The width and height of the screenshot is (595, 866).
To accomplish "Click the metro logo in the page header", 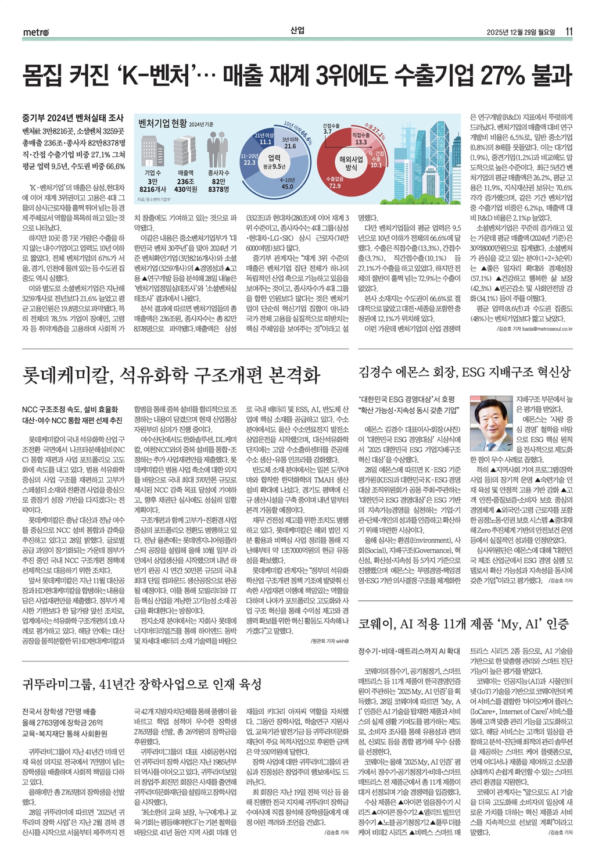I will click(x=36, y=32).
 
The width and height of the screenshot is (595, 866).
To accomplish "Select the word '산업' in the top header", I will click(x=297, y=30).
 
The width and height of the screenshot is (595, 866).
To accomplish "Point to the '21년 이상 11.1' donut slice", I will click(x=266, y=138).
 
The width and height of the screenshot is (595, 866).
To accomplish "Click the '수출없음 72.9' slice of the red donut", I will click(x=335, y=182).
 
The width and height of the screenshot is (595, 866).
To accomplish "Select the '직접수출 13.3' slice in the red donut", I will click(x=361, y=138).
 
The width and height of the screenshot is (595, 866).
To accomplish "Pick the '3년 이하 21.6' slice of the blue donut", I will click(x=290, y=143).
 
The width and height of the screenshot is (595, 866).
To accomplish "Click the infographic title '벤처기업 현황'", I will click(x=162, y=123).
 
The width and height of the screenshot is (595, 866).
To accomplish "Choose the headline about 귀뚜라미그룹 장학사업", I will click(x=142, y=684).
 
